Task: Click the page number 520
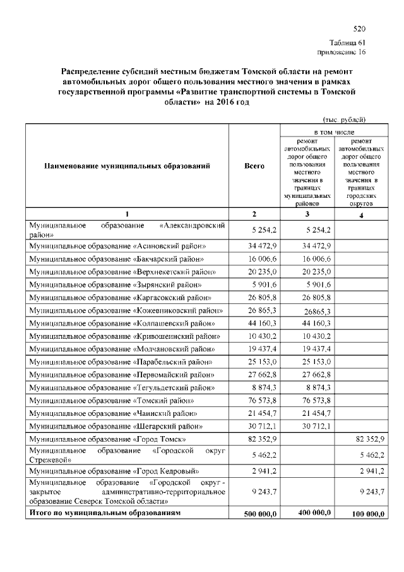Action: pos(359,29)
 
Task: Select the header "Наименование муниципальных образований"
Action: pos(127,166)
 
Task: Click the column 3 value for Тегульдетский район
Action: pos(313,387)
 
